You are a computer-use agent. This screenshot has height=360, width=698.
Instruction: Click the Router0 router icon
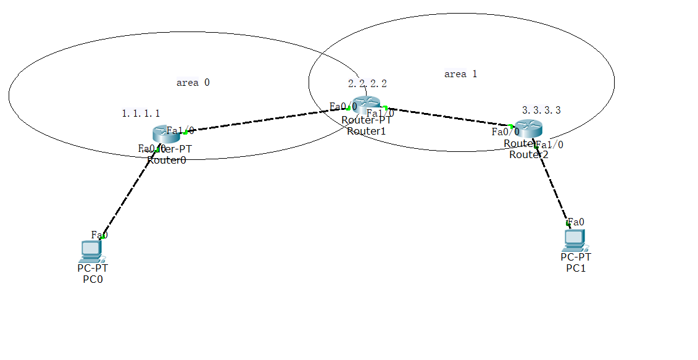click(164, 133)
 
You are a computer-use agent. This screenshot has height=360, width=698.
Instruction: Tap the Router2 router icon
click(528, 128)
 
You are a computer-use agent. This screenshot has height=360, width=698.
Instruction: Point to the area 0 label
click(193, 82)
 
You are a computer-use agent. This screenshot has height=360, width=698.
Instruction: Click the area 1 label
click(460, 74)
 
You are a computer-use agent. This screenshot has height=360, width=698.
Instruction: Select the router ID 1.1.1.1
click(141, 113)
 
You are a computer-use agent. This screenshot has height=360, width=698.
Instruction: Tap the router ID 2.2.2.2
click(367, 83)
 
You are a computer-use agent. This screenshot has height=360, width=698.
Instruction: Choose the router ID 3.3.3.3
click(541, 110)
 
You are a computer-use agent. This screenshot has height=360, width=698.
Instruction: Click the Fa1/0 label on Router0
click(180, 130)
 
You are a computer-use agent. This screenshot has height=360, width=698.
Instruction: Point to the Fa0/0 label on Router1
click(343, 106)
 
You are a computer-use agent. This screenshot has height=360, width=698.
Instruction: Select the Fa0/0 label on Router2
click(505, 131)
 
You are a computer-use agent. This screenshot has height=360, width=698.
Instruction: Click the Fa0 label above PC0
click(99, 235)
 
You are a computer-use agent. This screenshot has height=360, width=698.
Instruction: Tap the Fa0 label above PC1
click(576, 222)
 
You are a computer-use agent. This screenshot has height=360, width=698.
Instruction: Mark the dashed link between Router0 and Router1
click(265, 120)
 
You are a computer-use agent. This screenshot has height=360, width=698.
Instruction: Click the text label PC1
click(576, 267)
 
